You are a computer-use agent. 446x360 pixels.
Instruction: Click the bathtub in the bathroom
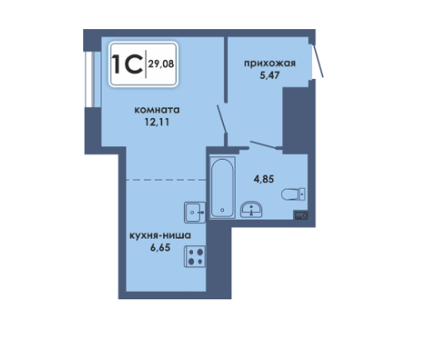click(x=222, y=187)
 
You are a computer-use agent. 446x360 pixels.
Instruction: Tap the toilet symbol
click(x=293, y=195)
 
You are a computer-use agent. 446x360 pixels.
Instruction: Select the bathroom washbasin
click(x=251, y=210)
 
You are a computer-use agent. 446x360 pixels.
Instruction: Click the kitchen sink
click(x=195, y=212)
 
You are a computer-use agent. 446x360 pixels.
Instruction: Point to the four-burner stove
click(x=195, y=256)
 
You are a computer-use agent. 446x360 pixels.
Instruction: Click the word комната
click(x=157, y=110)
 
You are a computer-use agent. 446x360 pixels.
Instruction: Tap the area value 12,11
click(x=157, y=122)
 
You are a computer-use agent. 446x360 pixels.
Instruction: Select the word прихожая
click(x=270, y=63)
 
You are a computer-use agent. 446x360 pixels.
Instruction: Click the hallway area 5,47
click(x=270, y=76)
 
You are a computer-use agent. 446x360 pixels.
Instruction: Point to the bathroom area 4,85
click(x=264, y=180)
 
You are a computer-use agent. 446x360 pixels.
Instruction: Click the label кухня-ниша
click(x=160, y=235)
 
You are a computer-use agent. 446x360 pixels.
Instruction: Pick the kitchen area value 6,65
click(x=160, y=248)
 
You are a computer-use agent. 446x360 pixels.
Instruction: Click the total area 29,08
click(x=161, y=64)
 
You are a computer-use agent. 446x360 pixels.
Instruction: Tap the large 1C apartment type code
click(x=126, y=64)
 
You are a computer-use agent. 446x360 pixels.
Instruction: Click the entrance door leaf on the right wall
click(x=318, y=60)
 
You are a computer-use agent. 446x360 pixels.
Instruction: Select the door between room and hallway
click(x=221, y=119)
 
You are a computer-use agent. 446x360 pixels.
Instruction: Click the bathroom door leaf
click(x=264, y=145)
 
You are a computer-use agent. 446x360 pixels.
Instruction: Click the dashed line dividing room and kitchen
click(x=166, y=180)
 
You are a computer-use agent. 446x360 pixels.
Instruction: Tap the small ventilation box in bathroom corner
click(x=301, y=215)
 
